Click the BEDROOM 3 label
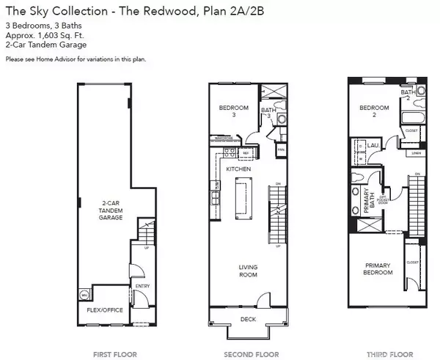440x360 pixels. [x=234, y=111]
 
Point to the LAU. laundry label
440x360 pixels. [x=373, y=146]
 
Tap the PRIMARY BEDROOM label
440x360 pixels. [x=378, y=268]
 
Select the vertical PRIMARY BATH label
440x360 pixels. [x=367, y=199]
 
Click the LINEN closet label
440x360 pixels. [x=416, y=153]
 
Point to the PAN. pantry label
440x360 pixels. [x=280, y=150]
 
